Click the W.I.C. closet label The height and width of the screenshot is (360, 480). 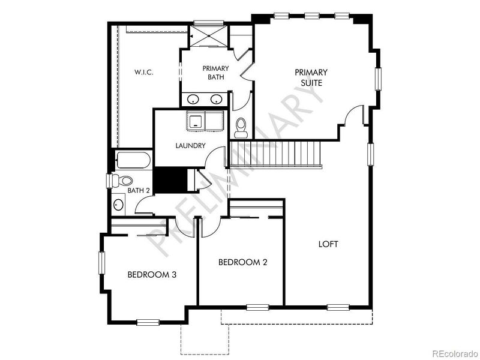(143, 73)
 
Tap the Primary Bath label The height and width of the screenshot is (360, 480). (215, 73)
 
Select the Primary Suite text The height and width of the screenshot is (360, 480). (311, 77)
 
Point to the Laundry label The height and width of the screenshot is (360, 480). (190, 146)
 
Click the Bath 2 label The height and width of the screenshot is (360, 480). (139, 190)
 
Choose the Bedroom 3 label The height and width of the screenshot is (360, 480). (152, 275)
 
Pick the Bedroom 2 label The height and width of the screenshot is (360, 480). (243, 262)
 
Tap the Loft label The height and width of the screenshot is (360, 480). (328, 244)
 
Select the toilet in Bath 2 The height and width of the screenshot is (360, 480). (122, 181)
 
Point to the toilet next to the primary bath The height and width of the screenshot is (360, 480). (241, 128)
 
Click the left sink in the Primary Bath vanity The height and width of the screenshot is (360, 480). (193, 99)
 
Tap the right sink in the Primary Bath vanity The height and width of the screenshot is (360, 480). (216, 99)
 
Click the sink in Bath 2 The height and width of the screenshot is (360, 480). (118, 205)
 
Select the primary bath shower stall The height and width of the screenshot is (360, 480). (208, 36)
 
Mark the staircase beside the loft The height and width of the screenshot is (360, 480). (275, 154)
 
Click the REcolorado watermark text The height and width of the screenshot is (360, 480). (455, 353)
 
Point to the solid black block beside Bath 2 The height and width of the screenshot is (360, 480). (170, 180)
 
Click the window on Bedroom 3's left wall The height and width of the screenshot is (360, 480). (101, 263)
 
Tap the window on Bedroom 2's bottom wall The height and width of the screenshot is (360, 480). (258, 307)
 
